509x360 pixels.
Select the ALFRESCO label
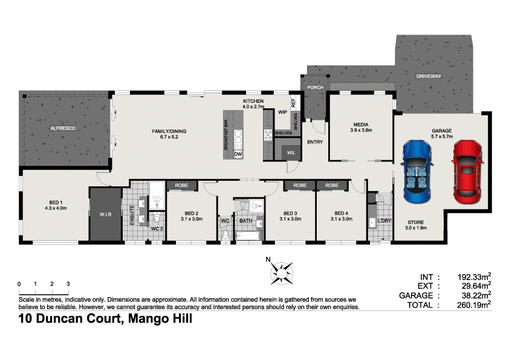click(x=62, y=129)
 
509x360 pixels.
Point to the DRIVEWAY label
click(x=429, y=76)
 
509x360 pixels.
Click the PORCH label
click(x=315, y=88)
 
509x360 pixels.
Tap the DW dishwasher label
click(x=238, y=155)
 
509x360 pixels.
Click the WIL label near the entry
click(x=290, y=152)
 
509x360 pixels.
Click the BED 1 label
click(x=55, y=204)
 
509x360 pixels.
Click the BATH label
click(x=245, y=221)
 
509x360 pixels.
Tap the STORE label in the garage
click(x=416, y=223)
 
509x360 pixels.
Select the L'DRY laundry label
click(x=385, y=220)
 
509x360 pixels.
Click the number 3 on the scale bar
click(x=68, y=283)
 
